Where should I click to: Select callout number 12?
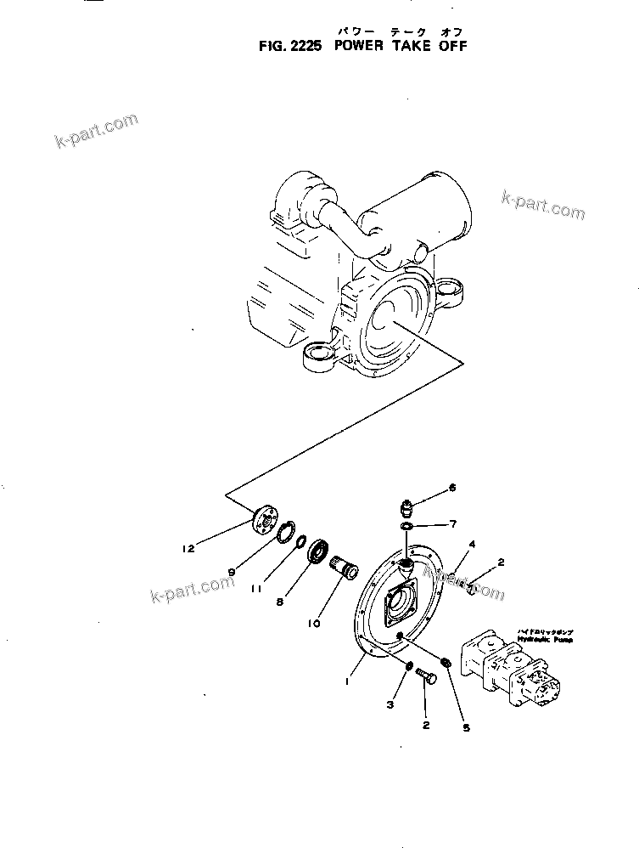tap(188, 548)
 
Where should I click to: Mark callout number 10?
tap(314, 623)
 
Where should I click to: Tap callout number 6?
tap(452, 487)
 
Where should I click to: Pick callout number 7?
tap(452, 523)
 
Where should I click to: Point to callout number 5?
tap(465, 727)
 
